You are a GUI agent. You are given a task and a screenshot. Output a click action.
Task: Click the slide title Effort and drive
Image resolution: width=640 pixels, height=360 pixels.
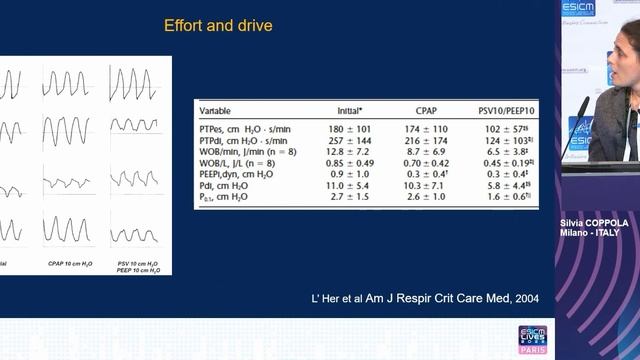pyautogui.click(x=217, y=25)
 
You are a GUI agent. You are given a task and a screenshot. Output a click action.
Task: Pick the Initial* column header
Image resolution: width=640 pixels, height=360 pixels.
pyautogui.click(x=350, y=110)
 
